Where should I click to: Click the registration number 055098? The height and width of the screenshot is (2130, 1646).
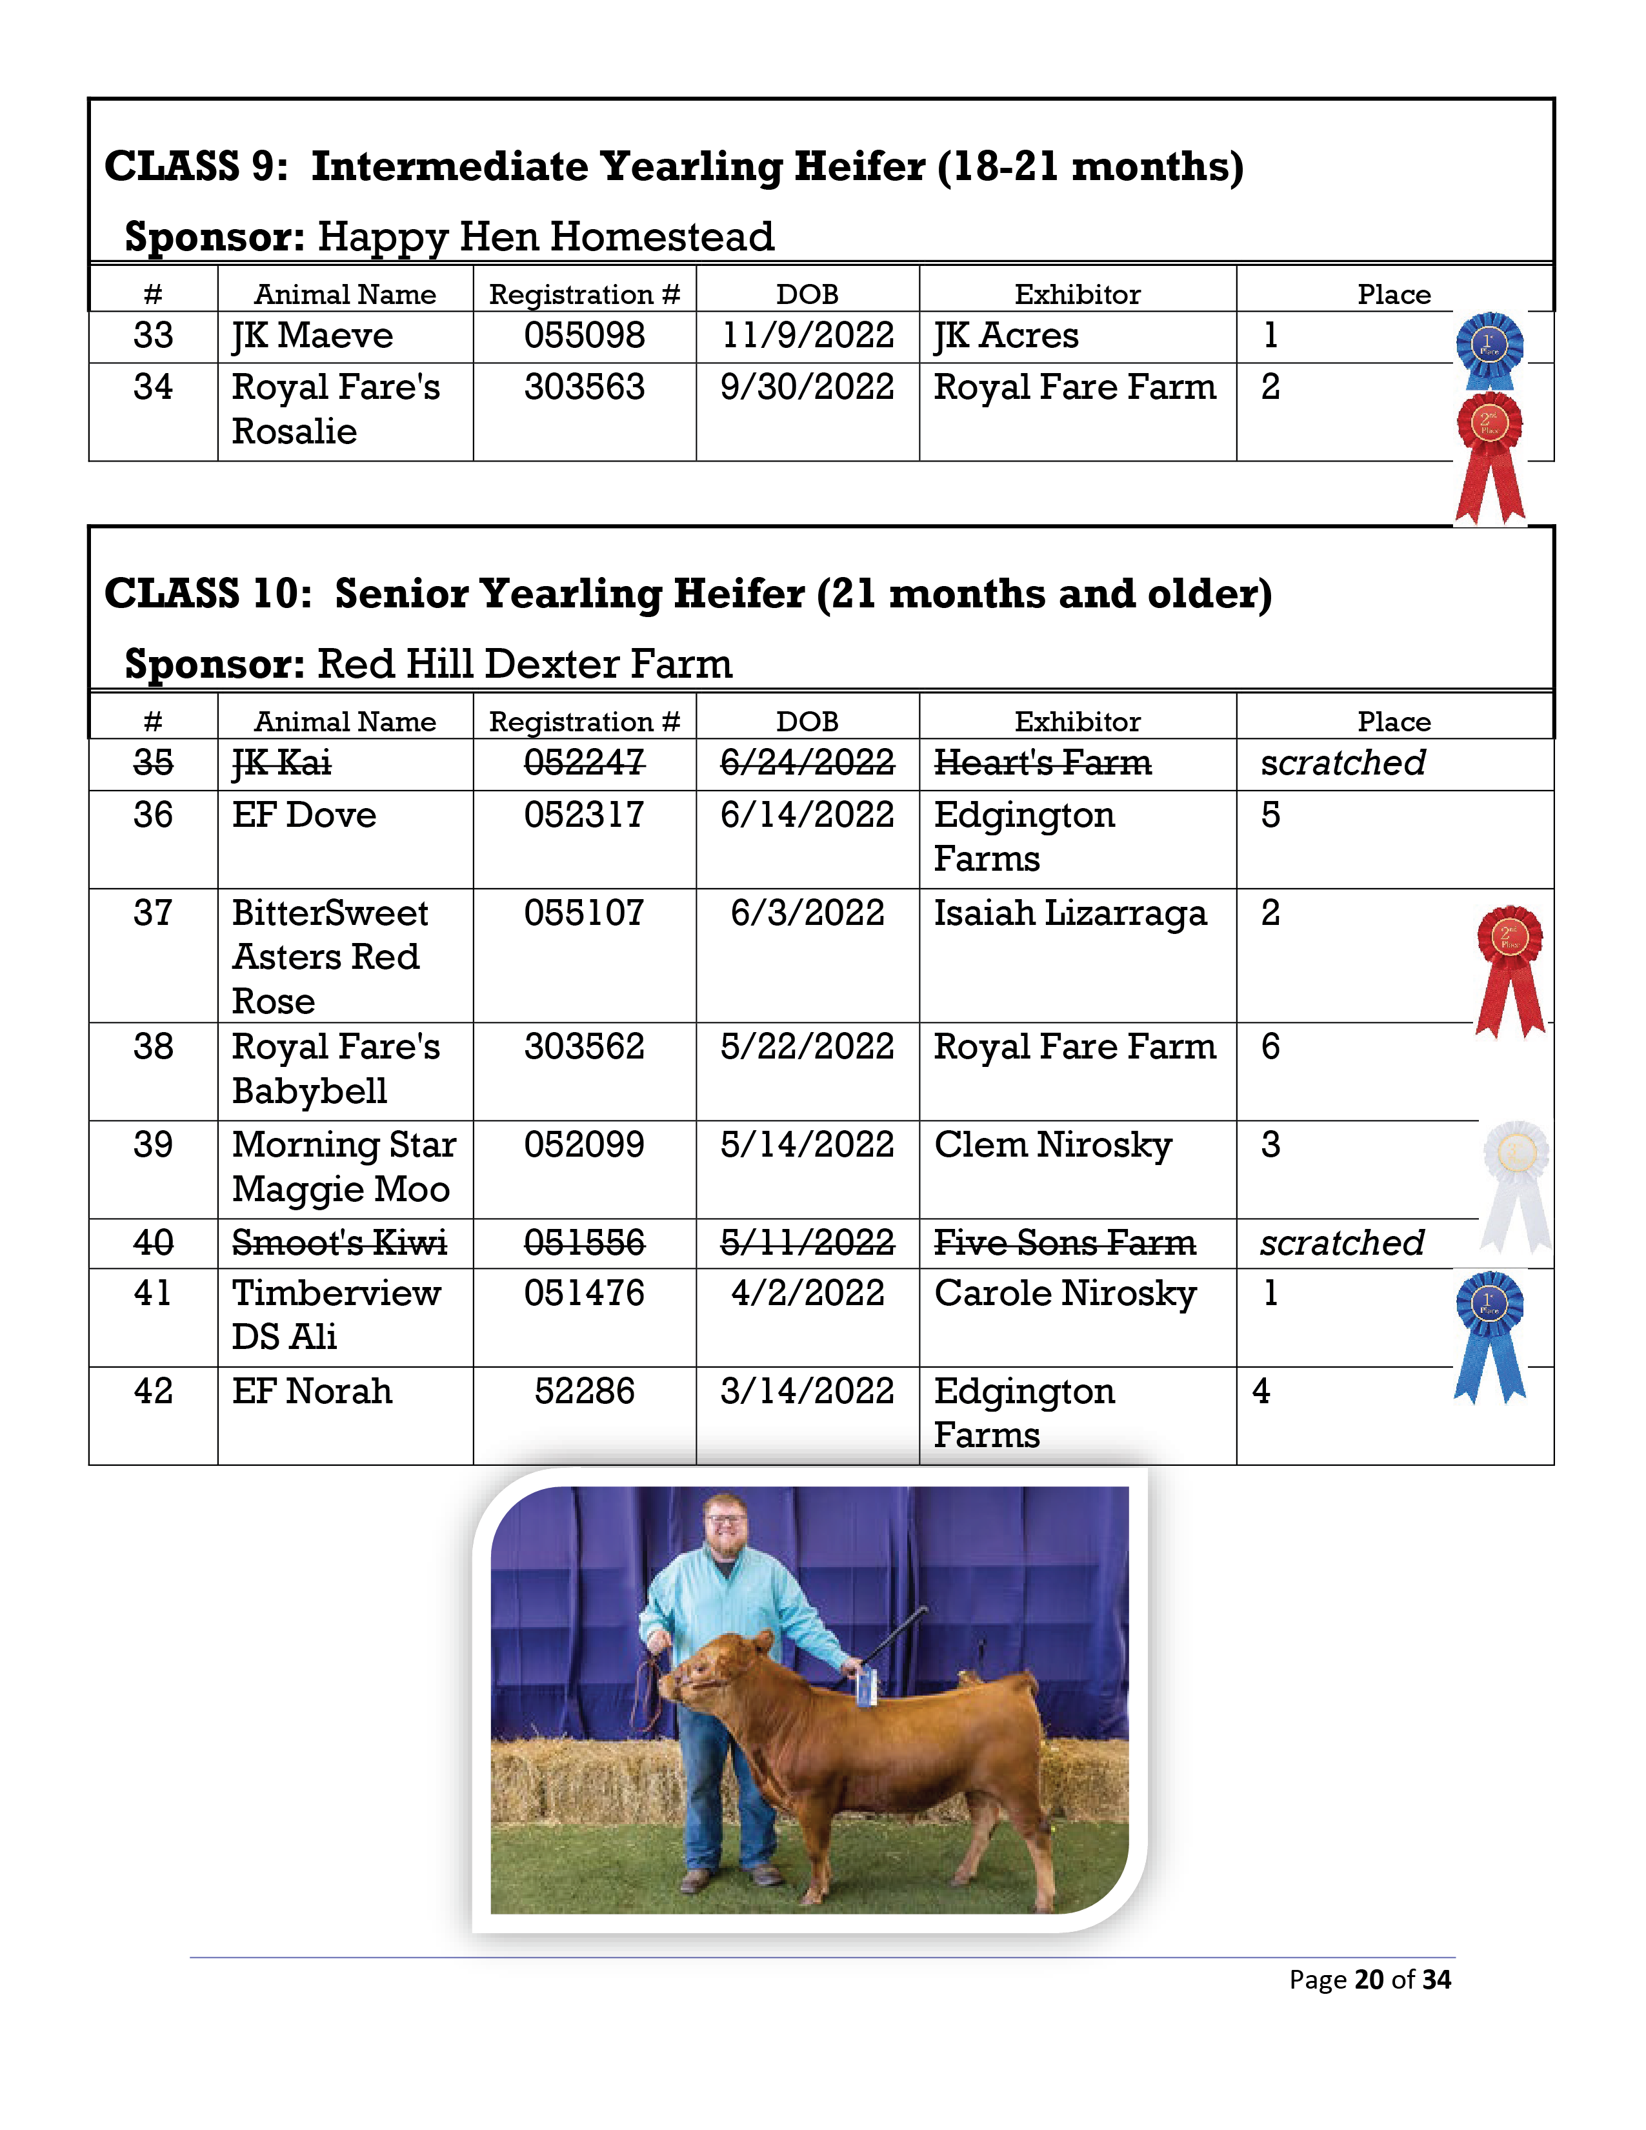(584, 336)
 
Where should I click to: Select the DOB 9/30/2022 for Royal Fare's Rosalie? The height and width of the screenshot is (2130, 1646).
(807, 388)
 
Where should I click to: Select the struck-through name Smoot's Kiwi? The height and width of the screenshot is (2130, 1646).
(339, 1244)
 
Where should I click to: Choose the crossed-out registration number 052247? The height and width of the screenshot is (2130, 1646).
(584, 763)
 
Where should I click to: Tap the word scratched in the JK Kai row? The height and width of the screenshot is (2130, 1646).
(1343, 763)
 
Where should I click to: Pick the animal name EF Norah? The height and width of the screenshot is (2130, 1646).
(312, 1392)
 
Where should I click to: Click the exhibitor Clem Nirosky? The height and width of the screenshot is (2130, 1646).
(1053, 1145)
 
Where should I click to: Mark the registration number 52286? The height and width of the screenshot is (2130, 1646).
(584, 1392)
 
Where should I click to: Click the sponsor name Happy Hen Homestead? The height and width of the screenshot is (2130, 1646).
(546, 237)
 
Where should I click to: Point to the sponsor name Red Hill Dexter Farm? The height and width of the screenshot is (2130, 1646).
(525, 664)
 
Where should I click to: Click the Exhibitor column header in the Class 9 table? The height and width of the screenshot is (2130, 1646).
(1078, 294)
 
